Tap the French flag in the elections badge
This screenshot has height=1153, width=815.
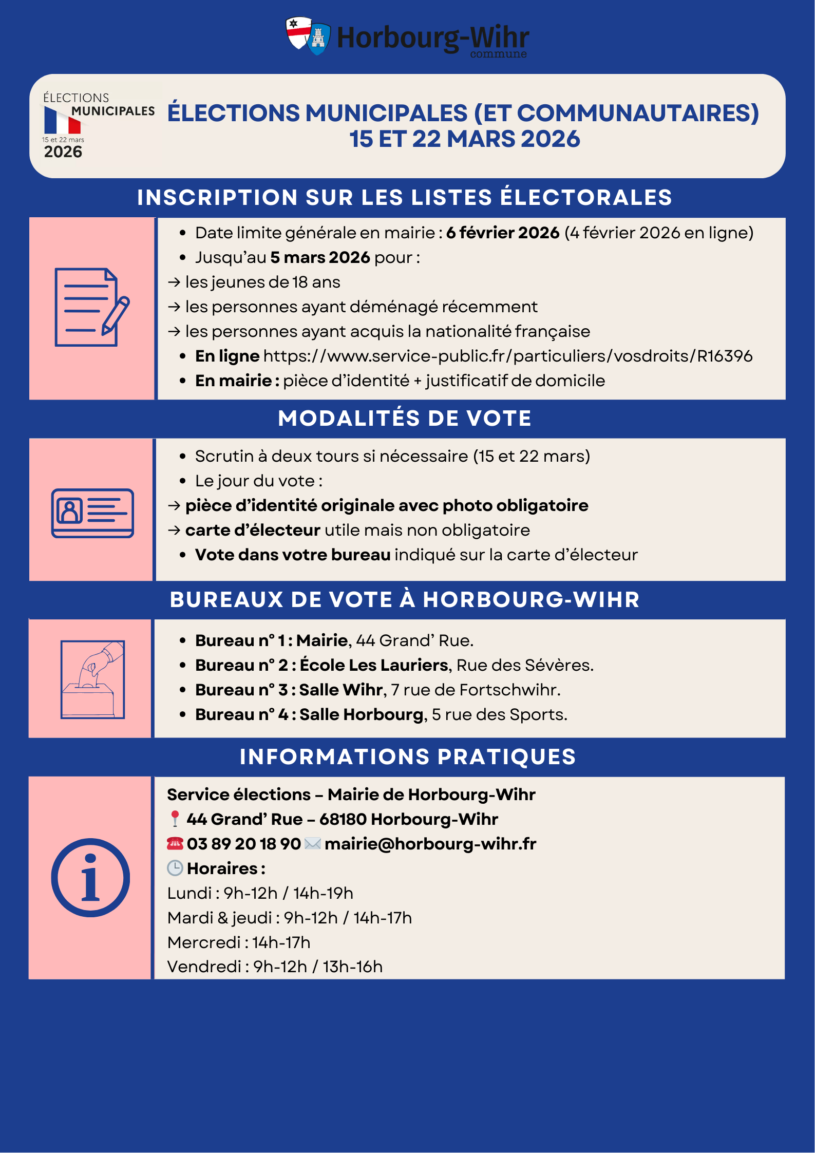(62, 121)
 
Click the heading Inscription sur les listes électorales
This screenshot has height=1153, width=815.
(404, 198)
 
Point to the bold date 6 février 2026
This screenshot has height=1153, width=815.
(502, 233)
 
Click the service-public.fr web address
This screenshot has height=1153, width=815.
(507, 356)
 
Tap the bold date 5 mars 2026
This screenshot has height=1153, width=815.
(320, 257)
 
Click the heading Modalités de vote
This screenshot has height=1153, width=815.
(404, 418)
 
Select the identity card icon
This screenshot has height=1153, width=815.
(92, 513)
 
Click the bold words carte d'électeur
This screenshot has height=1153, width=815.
(253, 530)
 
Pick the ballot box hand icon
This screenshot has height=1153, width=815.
(92, 679)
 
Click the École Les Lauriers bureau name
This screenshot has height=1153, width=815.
(374, 665)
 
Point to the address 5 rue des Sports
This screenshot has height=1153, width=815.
(499, 714)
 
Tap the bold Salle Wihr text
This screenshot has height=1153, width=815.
(341, 690)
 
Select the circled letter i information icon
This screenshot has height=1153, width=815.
(90, 878)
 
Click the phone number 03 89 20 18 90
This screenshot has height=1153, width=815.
(243, 844)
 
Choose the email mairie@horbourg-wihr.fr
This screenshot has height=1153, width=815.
(430, 844)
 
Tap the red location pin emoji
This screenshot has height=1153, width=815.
(175, 819)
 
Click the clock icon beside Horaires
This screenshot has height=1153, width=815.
(175, 868)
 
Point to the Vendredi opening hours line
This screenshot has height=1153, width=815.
(275, 967)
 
